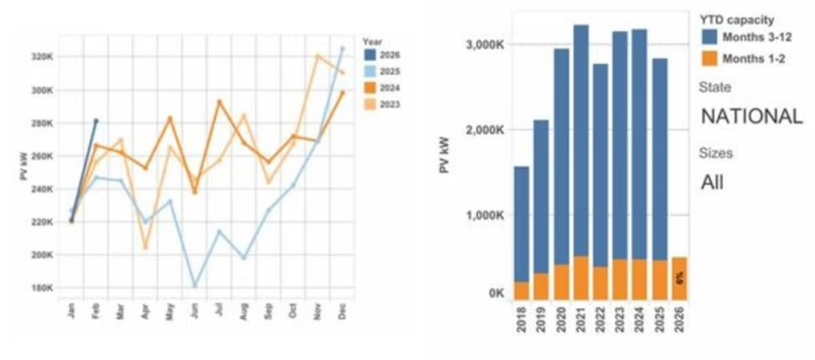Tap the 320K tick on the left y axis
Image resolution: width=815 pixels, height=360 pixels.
coord(43,56)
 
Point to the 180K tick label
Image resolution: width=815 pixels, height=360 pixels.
coord(43,287)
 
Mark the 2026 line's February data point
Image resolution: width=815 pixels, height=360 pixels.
coord(96,121)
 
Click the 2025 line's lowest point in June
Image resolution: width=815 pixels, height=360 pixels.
coord(195,285)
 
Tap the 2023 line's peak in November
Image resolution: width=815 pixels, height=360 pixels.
coord(317,56)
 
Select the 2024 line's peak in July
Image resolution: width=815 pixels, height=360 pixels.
coord(219,101)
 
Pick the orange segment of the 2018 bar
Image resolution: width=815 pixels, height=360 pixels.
coord(522,291)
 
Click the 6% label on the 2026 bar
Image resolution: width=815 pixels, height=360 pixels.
coord(679,278)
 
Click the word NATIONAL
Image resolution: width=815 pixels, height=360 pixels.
coord(751,116)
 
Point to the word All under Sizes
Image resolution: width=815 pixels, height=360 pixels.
coord(712,182)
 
